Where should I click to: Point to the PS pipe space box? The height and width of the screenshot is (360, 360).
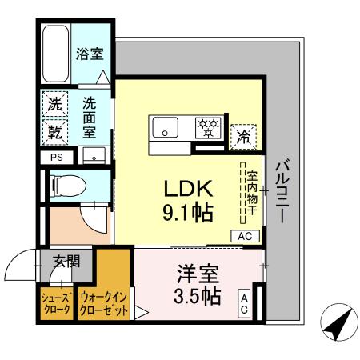click(56, 157)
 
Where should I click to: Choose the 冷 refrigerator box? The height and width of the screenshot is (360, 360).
click(241, 136)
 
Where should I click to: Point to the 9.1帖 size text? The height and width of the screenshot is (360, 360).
click(187, 214)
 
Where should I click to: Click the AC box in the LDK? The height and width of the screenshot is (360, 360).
click(245, 236)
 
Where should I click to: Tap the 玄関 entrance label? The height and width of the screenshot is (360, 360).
click(66, 260)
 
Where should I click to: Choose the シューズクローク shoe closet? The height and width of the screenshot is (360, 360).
click(56, 303)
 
